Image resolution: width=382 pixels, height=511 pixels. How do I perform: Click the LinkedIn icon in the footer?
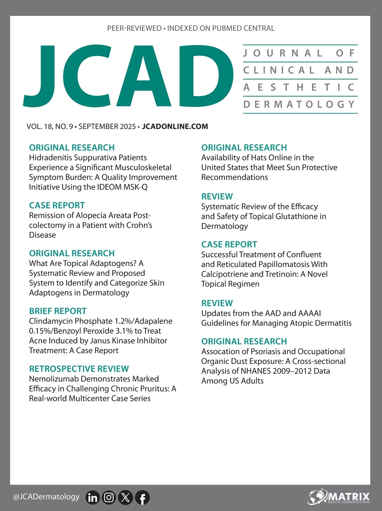pyautogui.click(x=93, y=497)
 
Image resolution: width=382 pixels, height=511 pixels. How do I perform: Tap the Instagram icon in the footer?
pyautogui.click(x=109, y=497)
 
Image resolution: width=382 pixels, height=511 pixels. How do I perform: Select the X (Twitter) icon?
pyautogui.click(x=125, y=497)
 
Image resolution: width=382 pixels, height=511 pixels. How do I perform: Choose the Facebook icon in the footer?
pyautogui.click(x=142, y=497)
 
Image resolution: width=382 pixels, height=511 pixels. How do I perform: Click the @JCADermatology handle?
pyautogui.click(x=46, y=497)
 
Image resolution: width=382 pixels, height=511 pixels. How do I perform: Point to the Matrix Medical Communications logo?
pyautogui.click(x=339, y=497)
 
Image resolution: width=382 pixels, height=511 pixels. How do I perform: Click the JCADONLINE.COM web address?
pyautogui.click(x=175, y=127)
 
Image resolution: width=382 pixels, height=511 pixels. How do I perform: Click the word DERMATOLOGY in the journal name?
pyautogui.click(x=299, y=104)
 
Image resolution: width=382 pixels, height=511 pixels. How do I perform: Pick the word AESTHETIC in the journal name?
pyautogui.click(x=299, y=87)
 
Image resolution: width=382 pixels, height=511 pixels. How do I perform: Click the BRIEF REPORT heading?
pyautogui.click(x=58, y=311)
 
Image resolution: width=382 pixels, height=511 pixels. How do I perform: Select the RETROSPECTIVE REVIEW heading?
pyautogui.click(x=79, y=369)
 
